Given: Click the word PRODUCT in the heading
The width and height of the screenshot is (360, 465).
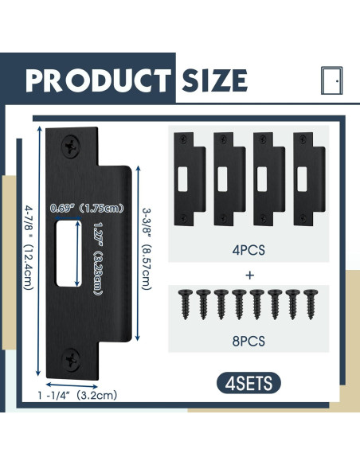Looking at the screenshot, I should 96,80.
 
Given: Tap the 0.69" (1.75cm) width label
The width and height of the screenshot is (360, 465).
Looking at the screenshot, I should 86,209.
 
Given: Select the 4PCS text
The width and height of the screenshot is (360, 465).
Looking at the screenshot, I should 250,249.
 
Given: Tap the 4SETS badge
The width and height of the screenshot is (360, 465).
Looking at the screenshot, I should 248,382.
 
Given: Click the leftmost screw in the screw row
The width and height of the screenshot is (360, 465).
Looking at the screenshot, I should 182,303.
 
